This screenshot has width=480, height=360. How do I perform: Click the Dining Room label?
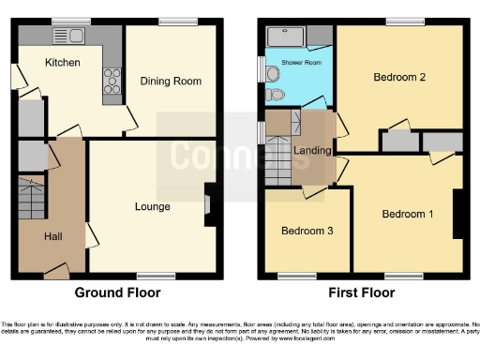pos(171,82)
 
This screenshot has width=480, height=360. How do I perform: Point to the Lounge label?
pos(152,206)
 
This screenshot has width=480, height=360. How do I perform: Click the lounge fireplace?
pos(208,204)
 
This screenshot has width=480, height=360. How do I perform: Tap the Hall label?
pos(53,236)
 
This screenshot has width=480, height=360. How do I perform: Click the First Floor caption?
pos(361,292)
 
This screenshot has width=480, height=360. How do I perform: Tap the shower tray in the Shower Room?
pos(288,37)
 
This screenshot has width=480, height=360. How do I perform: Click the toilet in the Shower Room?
pos(274,95)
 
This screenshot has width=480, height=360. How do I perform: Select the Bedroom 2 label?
pos(400,78)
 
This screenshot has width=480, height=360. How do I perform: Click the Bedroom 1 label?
pos(408,214)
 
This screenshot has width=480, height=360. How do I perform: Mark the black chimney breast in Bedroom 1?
pos(458,215)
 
